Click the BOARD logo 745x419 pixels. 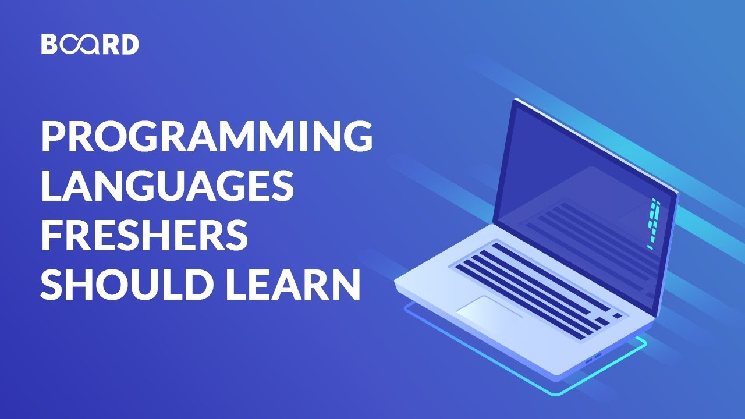(x=90, y=45)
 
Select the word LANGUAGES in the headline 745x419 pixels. (x=166, y=185)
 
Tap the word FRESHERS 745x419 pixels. (x=144, y=235)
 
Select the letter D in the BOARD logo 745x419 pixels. (x=130, y=45)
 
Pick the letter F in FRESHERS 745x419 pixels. (x=51, y=235)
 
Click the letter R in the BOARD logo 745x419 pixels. (x=109, y=45)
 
